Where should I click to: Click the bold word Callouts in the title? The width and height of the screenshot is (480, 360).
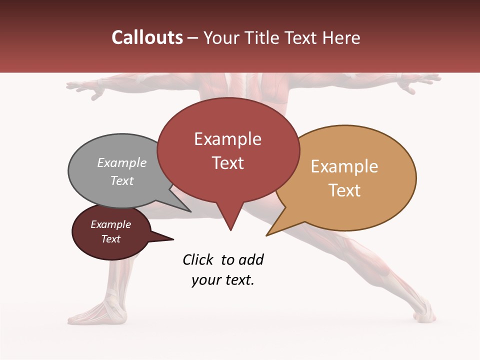147,37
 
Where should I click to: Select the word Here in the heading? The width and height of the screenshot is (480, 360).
342,37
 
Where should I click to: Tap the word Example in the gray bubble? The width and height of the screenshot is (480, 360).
122,162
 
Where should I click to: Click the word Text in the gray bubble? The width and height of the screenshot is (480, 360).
122,180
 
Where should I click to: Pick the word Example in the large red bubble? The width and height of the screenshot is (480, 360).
227,139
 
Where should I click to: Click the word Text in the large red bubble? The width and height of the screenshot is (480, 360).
227,163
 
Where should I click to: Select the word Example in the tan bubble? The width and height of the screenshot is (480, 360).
344,166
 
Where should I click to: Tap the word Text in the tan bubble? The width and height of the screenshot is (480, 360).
344,190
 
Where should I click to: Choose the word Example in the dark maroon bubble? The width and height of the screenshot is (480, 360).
110,224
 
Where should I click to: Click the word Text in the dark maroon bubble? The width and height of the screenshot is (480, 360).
110,239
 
